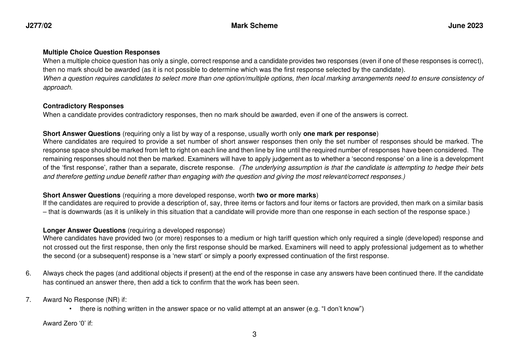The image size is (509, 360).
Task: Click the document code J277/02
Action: click(39, 26)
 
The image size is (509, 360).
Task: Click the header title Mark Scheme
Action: click(254, 26)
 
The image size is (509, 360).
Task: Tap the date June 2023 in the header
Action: click(465, 26)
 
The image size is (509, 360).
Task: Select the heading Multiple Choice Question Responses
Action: click(101, 52)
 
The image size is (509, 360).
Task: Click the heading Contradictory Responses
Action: click(83, 106)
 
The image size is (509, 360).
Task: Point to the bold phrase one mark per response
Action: click(340, 134)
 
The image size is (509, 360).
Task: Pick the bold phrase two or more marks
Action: click(286, 195)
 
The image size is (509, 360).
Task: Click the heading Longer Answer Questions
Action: click(84, 230)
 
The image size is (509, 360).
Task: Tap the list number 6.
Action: click(28, 274)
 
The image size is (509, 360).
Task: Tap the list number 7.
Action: click(28, 300)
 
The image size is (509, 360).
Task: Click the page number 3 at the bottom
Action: click(254, 335)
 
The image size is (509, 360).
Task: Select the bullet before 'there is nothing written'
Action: click(71, 309)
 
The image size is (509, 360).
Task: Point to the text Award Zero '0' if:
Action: click(68, 323)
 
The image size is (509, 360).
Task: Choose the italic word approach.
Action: click(58, 87)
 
